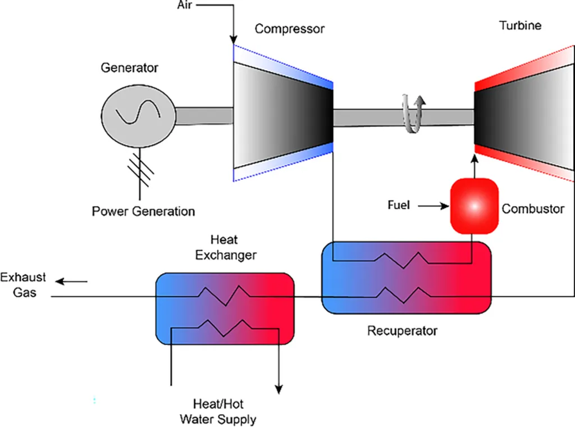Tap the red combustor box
pyautogui.click(x=474, y=206)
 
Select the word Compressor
pyautogui.click(x=290, y=29)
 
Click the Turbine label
pyautogui.click(x=520, y=25)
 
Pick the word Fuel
pyautogui.click(x=399, y=205)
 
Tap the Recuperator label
pyautogui.click(x=402, y=331)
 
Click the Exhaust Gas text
pyautogui.click(x=23, y=285)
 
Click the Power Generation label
pyautogui.click(x=144, y=212)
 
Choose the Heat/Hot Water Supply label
pyautogui.click(x=217, y=411)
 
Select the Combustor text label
pyautogui.click(x=533, y=209)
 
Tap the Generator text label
pyautogui.click(x=130, y=68)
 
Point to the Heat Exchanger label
pyautogui.click(x=225, y=247)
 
